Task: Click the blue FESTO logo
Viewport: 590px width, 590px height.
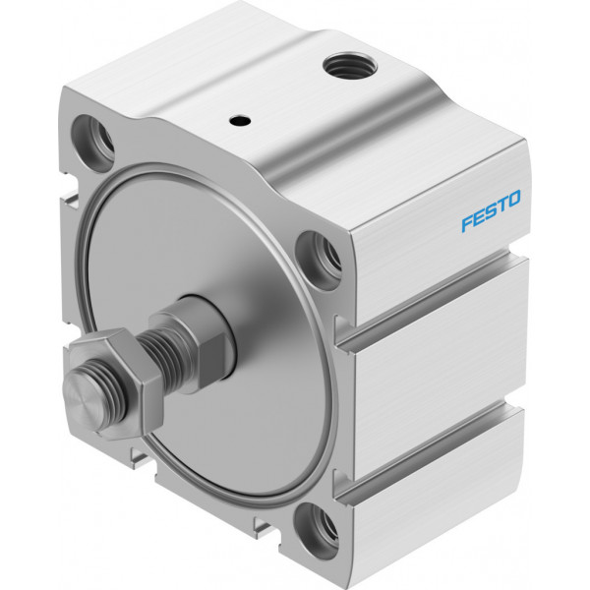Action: (x=491, y=210)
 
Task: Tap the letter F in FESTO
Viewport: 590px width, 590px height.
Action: (x=468, y=223)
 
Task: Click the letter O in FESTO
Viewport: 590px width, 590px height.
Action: (x=514, y=198)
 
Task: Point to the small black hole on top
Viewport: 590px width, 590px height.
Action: (x=240, y=120)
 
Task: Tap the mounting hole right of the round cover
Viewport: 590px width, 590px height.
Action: (x=319, y=261)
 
